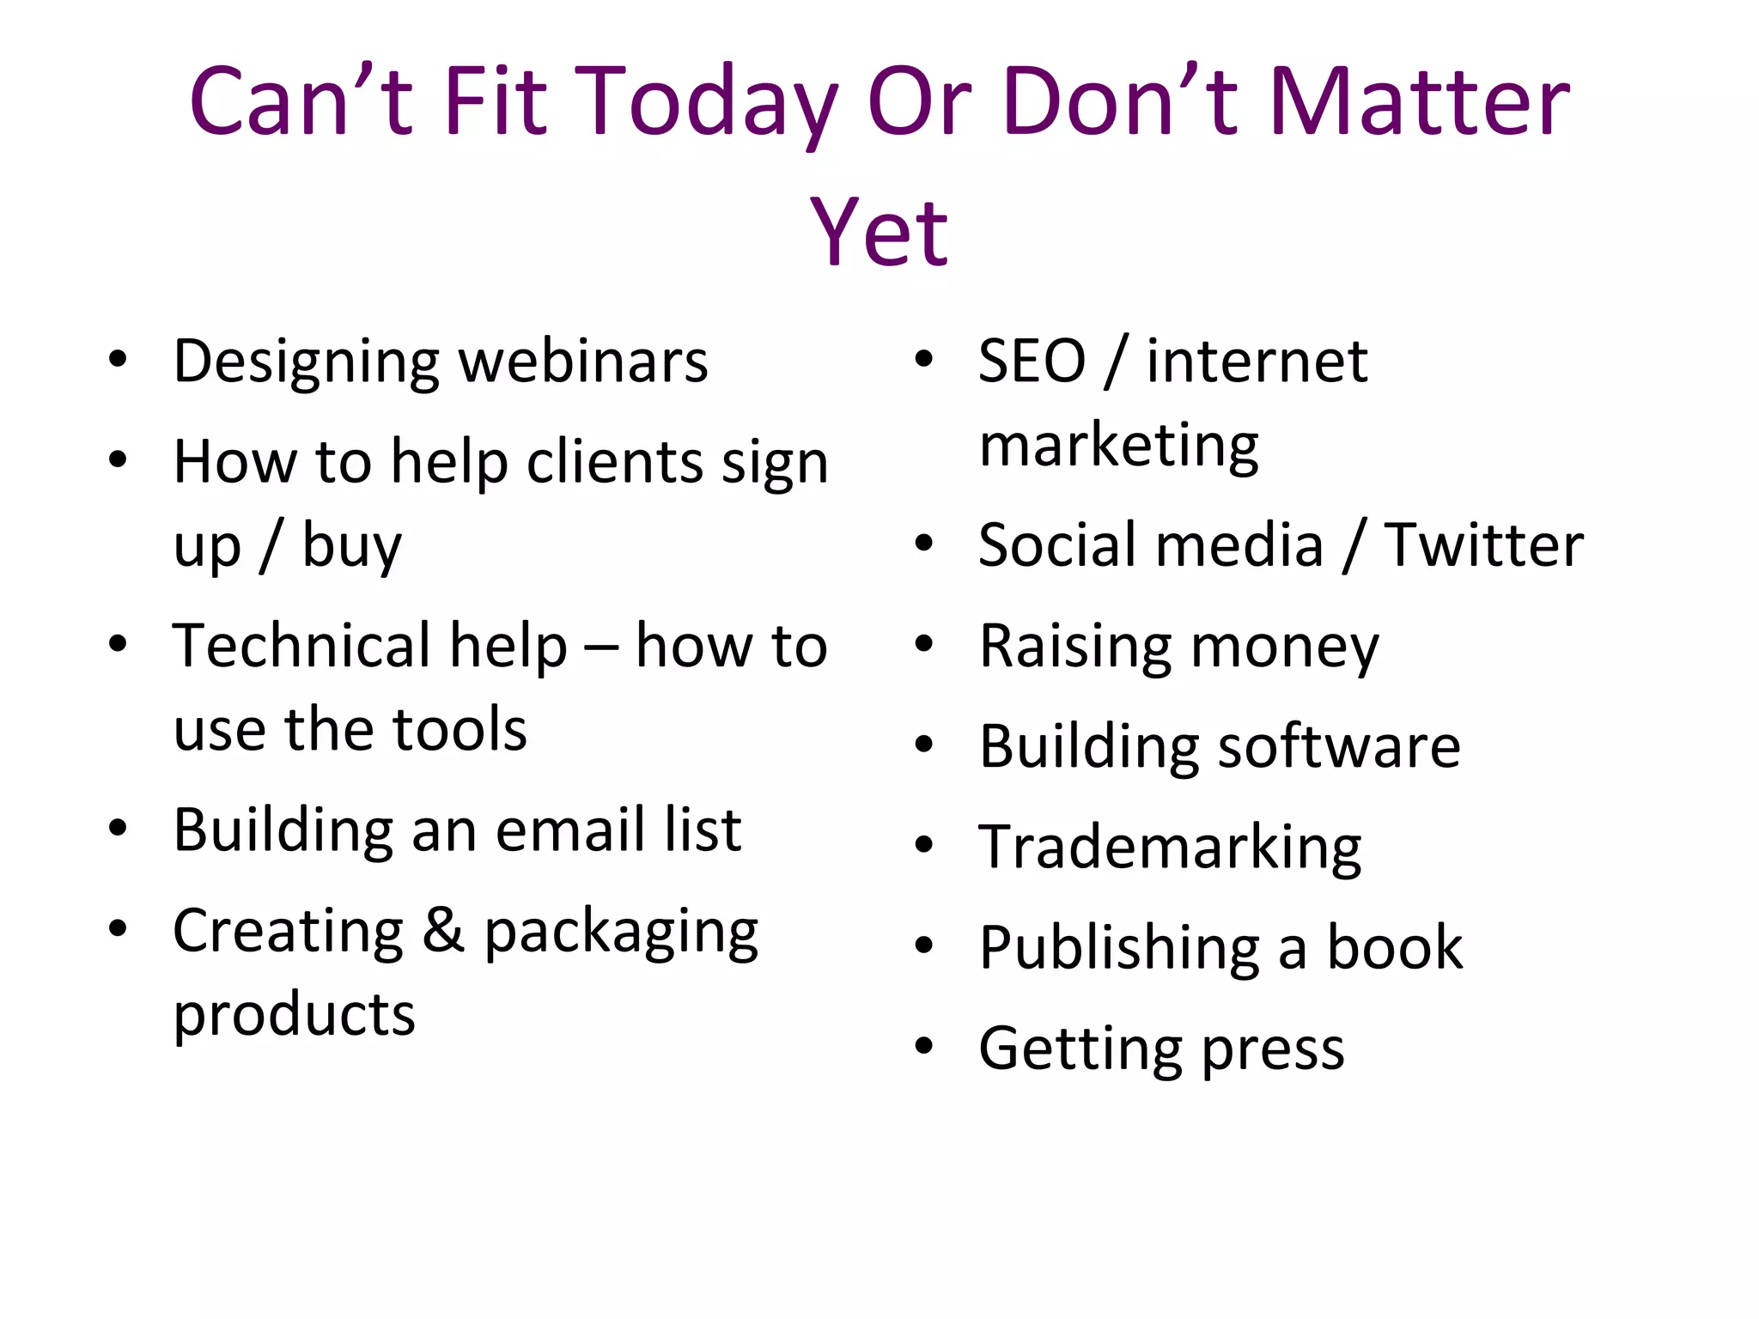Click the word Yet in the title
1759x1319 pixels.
tap(879, 232)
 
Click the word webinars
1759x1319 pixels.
tap(583, 362)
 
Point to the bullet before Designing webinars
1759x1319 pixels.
tap(119, 359)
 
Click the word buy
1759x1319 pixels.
tap(351, 546)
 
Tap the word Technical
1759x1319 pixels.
tap(370, 646)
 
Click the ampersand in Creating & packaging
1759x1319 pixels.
tap(443, 930)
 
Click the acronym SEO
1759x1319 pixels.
tap(1032, 362)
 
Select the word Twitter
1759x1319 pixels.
tap(1483, 545)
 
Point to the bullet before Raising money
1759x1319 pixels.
tap(924, 644)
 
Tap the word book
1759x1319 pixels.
tap(1395, 948)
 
